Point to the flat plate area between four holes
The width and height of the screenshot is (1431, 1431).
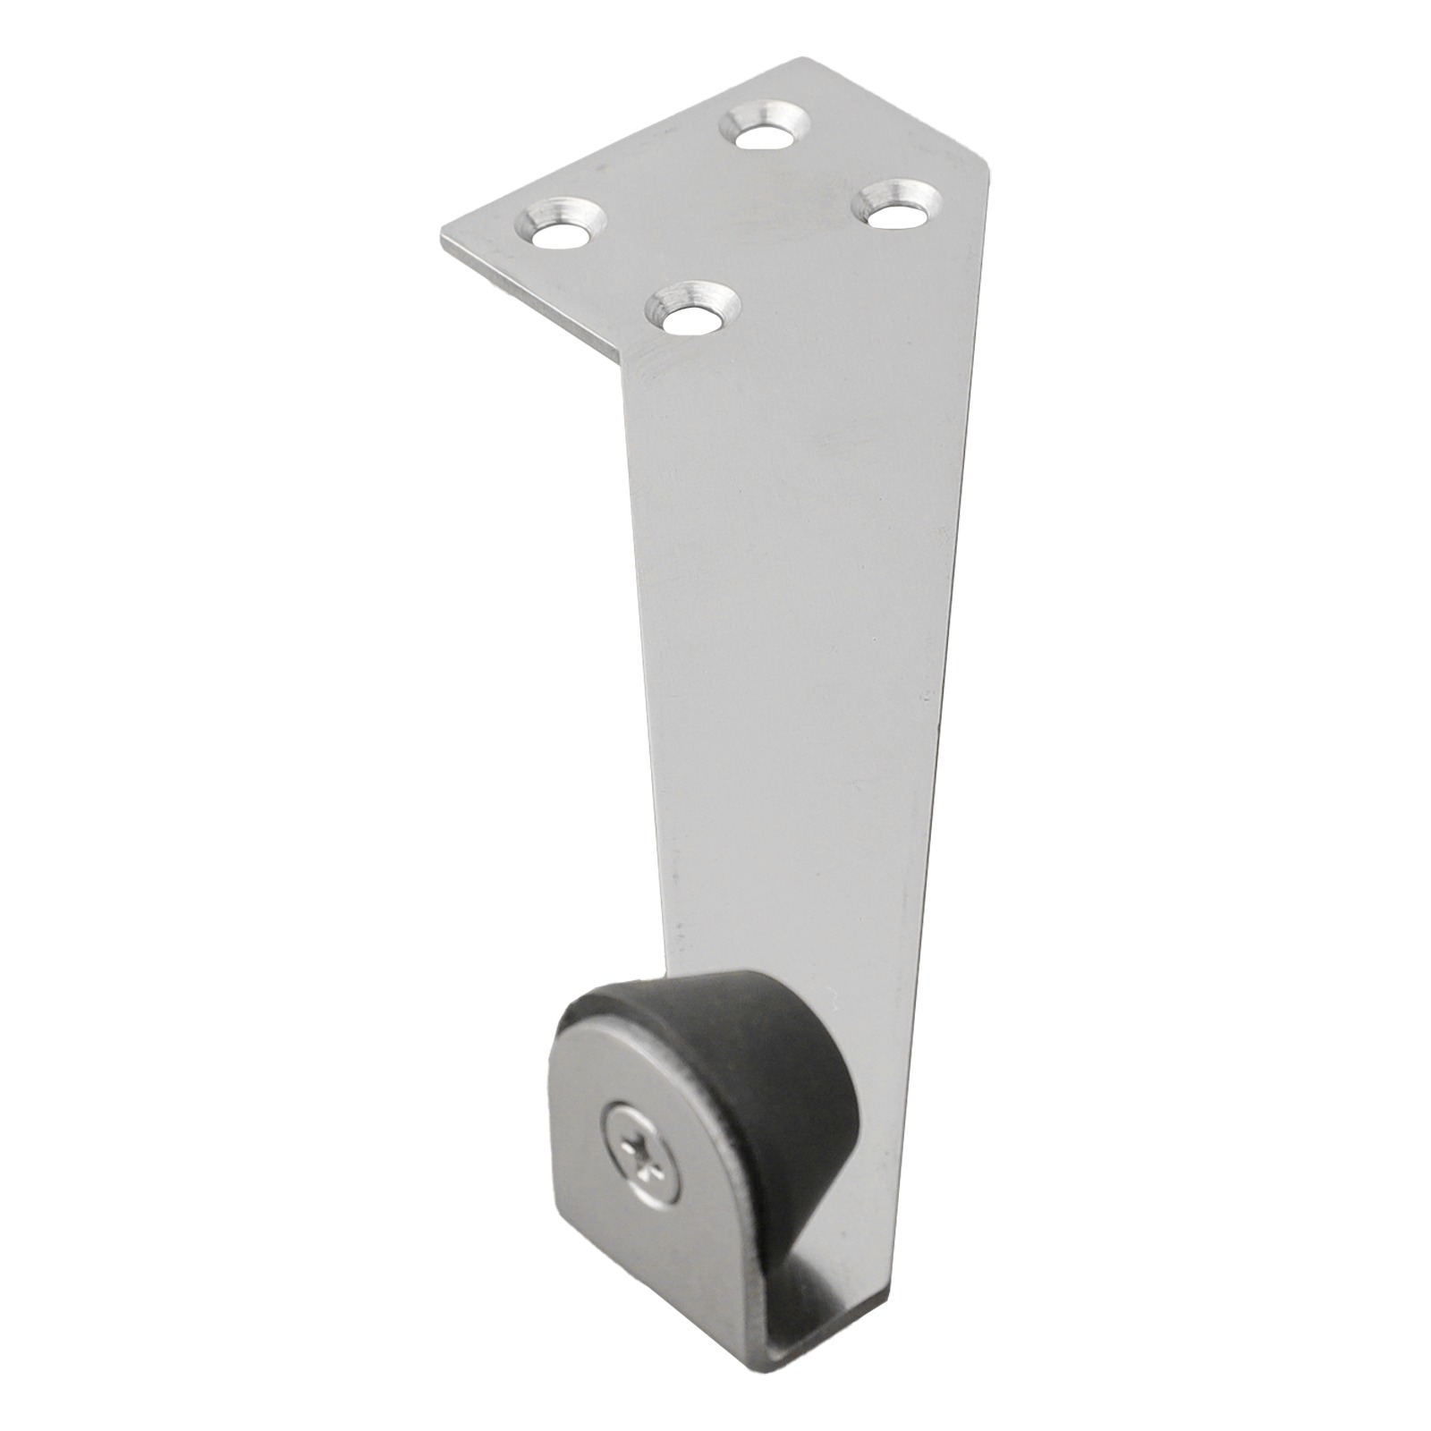click(733, 224)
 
